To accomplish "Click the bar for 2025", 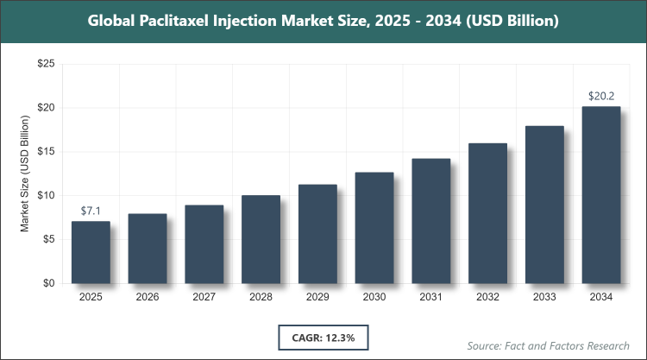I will [x=91, y=252].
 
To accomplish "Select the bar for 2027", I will [x=204, y=244].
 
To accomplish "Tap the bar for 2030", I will [x=374, y=228].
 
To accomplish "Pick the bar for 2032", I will [x=487, y=213].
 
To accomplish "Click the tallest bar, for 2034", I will [x=601, y=195].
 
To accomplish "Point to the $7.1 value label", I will [x=91, y=211].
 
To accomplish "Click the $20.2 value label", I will [x=601, y=96].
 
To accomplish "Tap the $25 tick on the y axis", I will [x=46, y=65].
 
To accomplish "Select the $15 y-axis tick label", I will [x=46, y=152].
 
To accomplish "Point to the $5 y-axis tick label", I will [x=49, y=240].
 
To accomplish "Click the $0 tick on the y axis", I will [x=49, y=283].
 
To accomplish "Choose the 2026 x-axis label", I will [x=148, y=298].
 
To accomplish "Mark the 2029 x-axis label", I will [x=317, y=298].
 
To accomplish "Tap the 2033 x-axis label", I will [x=544, y=298].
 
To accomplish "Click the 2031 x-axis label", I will [x=430, y=298].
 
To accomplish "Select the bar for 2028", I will [x=261, y=239].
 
